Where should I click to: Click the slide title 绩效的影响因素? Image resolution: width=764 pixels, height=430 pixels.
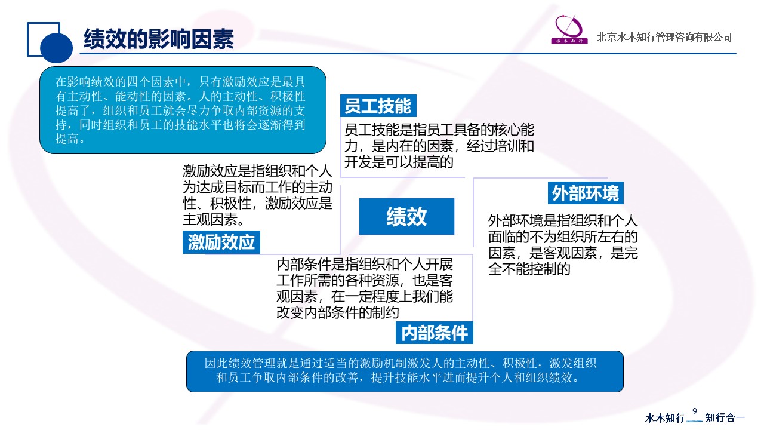[159, 39]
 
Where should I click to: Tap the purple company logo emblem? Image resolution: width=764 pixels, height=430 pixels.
[569, 30]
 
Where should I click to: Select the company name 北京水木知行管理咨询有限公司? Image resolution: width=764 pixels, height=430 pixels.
[664, 37]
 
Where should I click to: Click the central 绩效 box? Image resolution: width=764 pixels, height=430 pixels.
[406, 216]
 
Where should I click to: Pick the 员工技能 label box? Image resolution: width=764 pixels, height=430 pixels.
[378, 106]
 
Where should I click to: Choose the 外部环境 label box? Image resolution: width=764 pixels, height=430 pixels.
[586, 193]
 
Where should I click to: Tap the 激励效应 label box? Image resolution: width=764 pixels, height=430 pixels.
[221, 242]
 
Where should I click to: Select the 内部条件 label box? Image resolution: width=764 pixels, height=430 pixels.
[434, 333]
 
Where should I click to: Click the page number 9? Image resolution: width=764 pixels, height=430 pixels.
[695, 411]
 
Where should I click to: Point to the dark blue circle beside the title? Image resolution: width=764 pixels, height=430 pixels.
[56, 47]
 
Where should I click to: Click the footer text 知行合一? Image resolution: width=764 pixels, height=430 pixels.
[725, 417]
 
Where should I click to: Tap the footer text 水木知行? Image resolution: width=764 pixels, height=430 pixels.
[665, 417]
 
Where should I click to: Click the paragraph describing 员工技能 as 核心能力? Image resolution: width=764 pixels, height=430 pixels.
[439, 146]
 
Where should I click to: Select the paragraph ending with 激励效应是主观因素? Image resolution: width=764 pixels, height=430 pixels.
[257, 195]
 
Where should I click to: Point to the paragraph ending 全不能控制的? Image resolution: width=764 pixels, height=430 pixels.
[563, 245]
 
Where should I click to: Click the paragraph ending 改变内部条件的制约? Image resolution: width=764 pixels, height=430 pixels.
[365, 288]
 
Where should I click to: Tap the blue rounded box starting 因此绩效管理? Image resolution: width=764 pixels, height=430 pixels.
[405, 371]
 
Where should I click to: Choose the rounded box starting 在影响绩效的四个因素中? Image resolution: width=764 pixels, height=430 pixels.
[183, 110]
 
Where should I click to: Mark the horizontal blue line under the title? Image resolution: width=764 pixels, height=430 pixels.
[408, 54]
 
